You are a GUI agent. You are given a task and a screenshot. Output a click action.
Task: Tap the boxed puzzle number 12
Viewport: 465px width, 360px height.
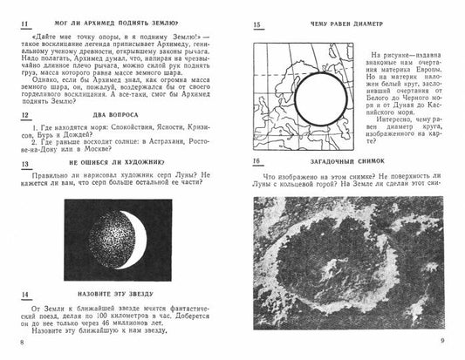click(x=24, y=117)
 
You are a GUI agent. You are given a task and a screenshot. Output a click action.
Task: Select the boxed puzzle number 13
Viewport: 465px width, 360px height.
click(x=24, y=164)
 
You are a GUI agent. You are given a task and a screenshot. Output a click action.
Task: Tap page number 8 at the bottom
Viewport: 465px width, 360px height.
click(x=22, y=342)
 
